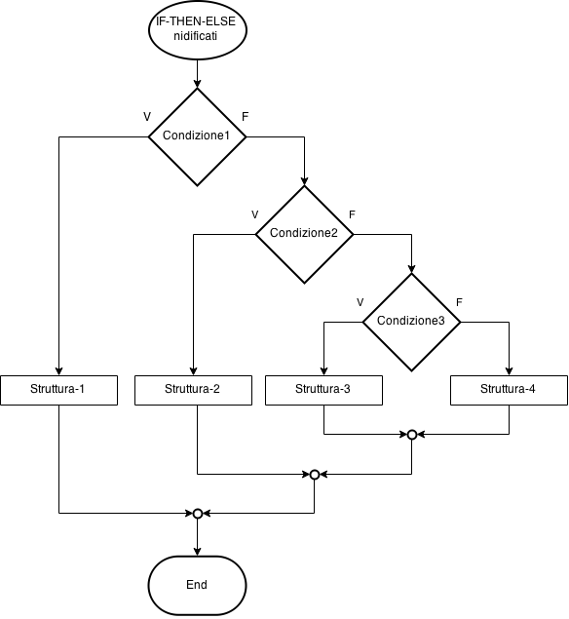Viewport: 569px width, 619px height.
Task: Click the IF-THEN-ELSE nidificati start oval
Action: [x=197, y=29]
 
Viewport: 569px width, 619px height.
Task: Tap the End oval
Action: [x=197, y=585]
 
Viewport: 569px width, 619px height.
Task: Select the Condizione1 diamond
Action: [x=197, y=136]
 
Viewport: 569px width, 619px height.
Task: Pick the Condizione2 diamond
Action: [x=304, y=234]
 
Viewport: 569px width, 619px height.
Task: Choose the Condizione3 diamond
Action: [x=411, y=322]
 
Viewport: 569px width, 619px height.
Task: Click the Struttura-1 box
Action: [x=58, y=390]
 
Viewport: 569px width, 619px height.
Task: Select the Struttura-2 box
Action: [x=192, y=390]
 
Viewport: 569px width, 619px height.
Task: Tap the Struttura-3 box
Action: [x=322, y=390]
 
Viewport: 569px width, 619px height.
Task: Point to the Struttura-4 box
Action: [x=508, y=390]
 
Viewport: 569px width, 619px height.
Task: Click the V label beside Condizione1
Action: [x=147, y=117]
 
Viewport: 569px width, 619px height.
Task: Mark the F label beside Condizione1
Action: [x=246, y=117]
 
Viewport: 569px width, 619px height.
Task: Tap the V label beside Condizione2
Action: [x=254, y=214]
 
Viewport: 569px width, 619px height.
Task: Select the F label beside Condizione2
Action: [x=353, y=214]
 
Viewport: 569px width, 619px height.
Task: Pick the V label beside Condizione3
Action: [x=360, y=302]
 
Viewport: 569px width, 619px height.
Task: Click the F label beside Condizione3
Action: [x=460, y=302]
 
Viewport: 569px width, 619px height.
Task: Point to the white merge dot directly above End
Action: [x=198, y=513]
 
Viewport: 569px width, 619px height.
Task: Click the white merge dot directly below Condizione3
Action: [x=412, y=435]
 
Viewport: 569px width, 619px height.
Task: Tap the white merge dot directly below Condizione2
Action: [x=315, y=475]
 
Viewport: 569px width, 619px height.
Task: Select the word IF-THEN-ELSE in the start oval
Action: [x=196, y=21]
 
